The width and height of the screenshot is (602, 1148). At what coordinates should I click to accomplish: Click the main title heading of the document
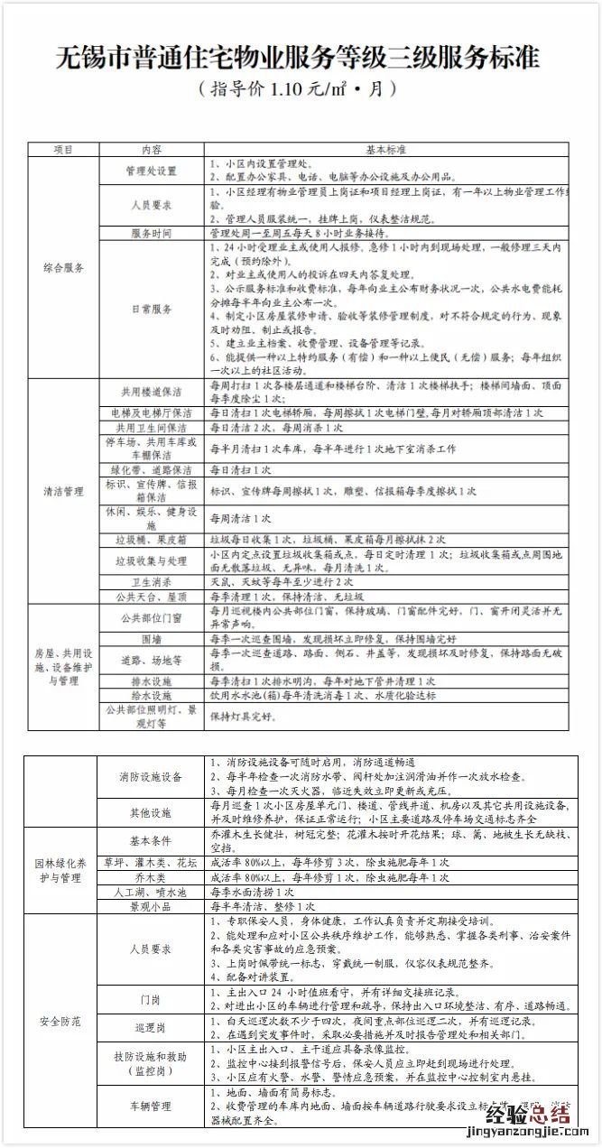tap(301, 58)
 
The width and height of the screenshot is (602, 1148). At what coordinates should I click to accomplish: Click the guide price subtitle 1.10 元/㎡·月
tap(301, 90)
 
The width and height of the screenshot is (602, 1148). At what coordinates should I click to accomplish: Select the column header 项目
tap(63, 149)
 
